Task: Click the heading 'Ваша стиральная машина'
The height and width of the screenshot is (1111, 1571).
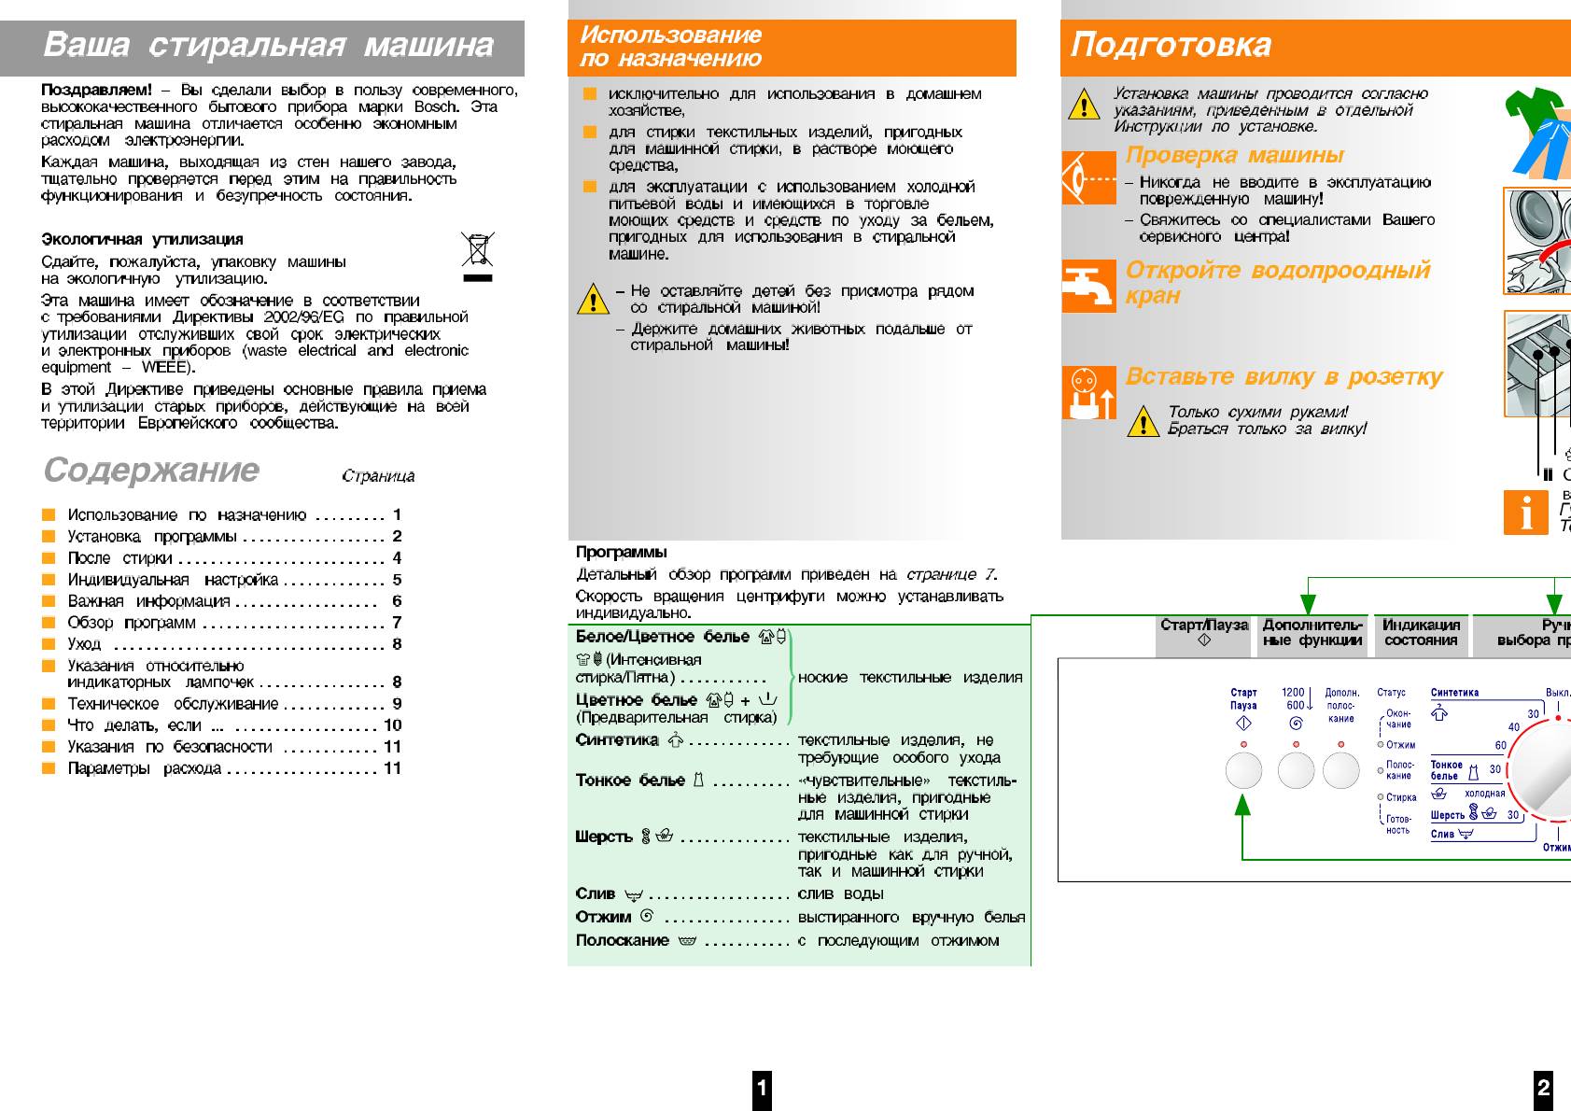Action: tap(268, 45)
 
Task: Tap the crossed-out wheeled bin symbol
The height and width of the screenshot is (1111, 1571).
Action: tap(477, 249)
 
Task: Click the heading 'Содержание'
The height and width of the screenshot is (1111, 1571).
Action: tap(151, 470)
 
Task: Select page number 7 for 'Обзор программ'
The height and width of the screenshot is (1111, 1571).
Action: tap(397, 623)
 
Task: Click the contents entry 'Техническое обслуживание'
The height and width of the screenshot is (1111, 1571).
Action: tap(173, 704)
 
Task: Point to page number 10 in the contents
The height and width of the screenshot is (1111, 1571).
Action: tap(392, 725)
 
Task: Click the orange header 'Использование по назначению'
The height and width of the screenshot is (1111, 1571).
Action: tap(670, 47)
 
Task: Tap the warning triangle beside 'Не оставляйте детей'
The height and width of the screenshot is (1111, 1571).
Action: tap(593, 300)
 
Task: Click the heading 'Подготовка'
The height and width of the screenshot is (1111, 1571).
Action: tap(1171, 45)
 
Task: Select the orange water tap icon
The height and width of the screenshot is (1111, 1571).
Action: tap(1088, 286)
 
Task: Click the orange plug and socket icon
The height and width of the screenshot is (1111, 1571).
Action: tap(1088, 393)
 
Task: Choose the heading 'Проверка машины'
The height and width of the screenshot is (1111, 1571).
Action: tap(1234, 155)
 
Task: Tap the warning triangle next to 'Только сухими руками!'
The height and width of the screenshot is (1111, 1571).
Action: tap(1143, 422)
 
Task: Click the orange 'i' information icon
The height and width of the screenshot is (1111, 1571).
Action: tap(1526, 513)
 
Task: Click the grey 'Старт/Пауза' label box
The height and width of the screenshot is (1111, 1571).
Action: tap(1203, 633)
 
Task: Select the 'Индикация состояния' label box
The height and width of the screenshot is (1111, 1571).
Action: tap(1421, 633)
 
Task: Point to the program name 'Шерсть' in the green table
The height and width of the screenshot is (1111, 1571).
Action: tap(604, 837)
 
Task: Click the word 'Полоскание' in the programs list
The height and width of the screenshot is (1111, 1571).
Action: tap(622, 941)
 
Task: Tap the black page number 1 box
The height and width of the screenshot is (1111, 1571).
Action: tap(762, 1088)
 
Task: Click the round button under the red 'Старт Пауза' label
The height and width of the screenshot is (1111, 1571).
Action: tap(1243, 771)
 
